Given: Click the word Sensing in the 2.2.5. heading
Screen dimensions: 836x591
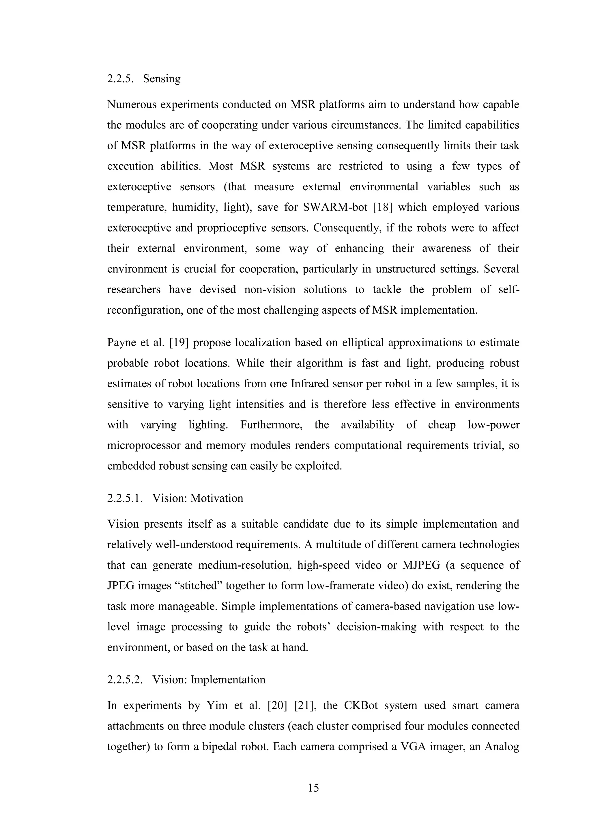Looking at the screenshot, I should (x=162, y=79).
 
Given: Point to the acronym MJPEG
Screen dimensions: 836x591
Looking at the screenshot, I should (x=421, y=565).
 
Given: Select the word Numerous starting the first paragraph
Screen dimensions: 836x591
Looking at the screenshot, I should (x=131, y=105).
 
